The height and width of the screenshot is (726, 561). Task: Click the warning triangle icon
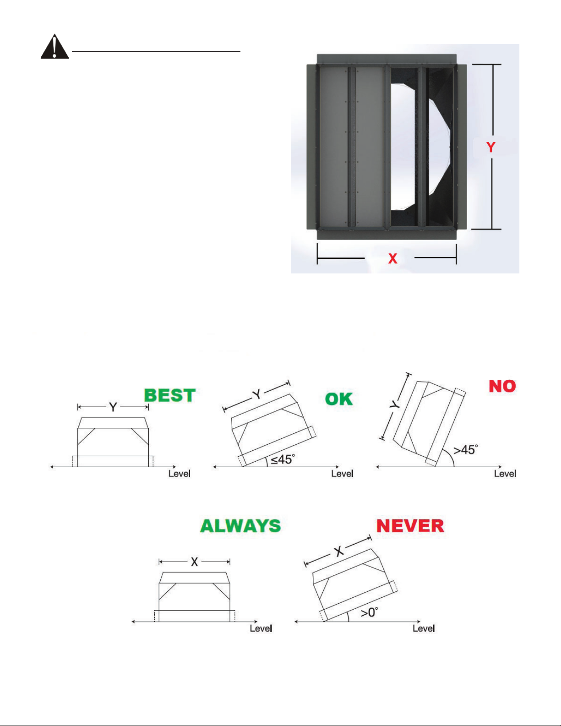point(54,47)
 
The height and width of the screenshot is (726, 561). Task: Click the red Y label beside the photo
point(490,147)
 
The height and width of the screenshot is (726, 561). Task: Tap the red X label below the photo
point(392,259)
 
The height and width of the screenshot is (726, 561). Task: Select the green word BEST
point(170,395)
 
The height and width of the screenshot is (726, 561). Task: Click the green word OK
point(339,399)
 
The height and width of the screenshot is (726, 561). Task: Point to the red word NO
point(502,386)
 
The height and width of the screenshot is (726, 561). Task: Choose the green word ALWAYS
point(240,526)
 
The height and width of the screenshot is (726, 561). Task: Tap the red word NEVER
point(410,526)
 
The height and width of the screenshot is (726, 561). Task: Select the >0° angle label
point(369,612)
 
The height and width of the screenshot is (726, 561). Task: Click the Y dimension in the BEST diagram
point(113,407)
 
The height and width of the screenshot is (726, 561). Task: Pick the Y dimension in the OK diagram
point(257,394)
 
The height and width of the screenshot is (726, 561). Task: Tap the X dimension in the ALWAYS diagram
point(195,562)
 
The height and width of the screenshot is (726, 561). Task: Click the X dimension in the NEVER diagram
point(339,551)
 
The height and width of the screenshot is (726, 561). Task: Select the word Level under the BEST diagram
point(179,474)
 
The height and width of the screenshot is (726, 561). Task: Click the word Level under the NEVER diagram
point(424,628)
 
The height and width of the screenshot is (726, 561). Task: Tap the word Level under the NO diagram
point(505,474)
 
